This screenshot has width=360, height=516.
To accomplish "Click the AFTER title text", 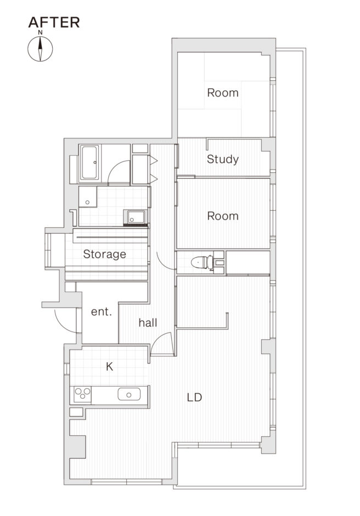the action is click(x=54, y=22).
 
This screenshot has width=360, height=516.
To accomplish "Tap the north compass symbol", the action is click(x=40, y=49).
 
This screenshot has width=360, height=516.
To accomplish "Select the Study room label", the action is click(x=222, y=160).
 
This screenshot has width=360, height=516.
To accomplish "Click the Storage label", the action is click(x=104, y=254).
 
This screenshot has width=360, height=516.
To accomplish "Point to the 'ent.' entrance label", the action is click(x=102, y=312).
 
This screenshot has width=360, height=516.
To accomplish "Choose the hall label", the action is click(x=148, y=323).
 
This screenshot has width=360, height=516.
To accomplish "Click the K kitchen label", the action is click(x=109, y=366).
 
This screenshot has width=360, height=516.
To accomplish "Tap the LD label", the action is click(x=194, y=397).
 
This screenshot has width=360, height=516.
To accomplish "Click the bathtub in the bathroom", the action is click(x=89, y=163).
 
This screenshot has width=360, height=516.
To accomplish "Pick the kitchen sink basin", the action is click(x=129, y=394).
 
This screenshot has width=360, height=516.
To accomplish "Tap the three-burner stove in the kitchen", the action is click(x=82, y=394).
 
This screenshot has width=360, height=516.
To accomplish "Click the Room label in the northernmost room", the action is click(x=222, y=93).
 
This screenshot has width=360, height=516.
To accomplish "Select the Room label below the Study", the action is click(x=222, y=216).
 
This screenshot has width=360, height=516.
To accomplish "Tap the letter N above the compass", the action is click(x=40, y=32).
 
